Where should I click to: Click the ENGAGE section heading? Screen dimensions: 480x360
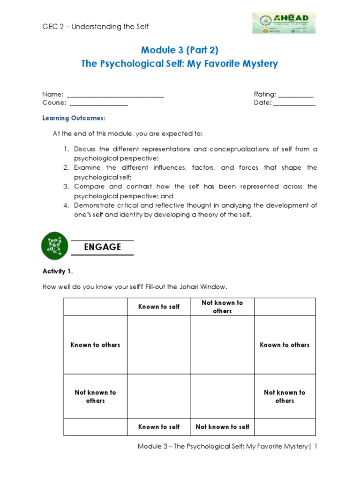pos(102,247)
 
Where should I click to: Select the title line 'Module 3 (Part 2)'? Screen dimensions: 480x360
pos(180,50)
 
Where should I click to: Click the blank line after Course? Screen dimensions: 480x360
pos(98,103)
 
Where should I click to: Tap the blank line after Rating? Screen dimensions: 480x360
pos(295,95)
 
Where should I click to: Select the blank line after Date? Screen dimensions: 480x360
pos(294,103)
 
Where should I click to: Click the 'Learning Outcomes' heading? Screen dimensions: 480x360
pos(74,118)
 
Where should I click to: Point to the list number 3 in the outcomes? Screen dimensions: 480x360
pos(66,187)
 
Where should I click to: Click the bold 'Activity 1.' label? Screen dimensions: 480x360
pos(58,271)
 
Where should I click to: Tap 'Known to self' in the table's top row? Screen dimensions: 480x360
pos(159,307)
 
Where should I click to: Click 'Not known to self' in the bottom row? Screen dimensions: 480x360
pos(222,427)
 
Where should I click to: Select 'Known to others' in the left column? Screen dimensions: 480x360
pos(95,345)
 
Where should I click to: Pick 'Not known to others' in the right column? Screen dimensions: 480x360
pos(285,397)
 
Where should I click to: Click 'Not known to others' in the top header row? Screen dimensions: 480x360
pos(222,307)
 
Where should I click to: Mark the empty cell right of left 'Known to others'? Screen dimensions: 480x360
pos(159,345)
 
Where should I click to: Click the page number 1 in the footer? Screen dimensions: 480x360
pos(316,447)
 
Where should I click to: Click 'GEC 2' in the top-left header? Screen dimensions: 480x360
pos(52,27)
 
